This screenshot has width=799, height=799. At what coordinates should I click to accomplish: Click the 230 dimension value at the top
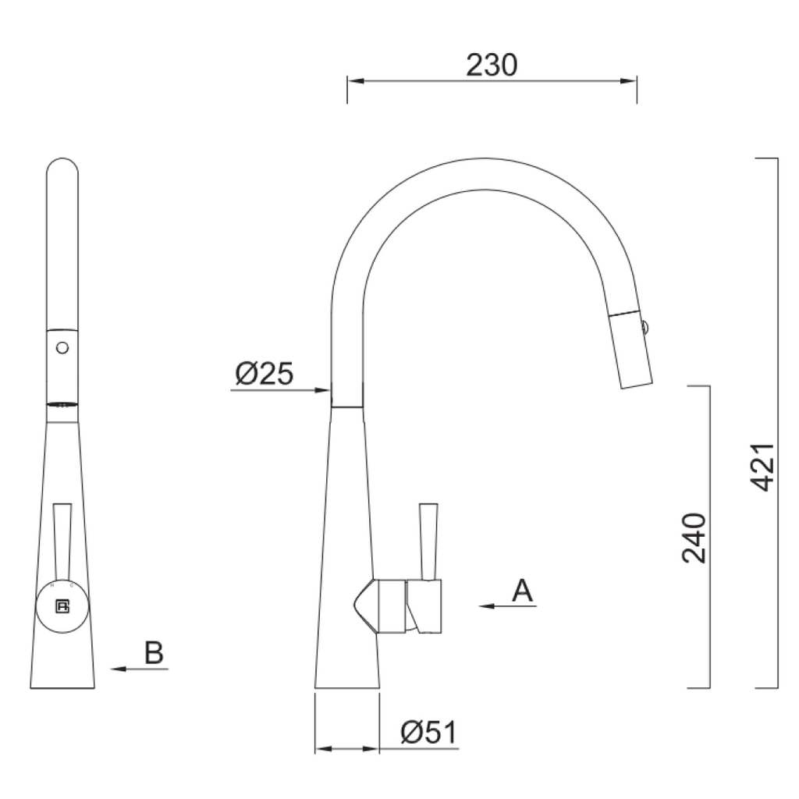(492, 66)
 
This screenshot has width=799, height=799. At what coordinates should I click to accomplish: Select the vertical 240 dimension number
(694, 538)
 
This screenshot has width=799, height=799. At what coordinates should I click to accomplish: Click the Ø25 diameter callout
(265, 375)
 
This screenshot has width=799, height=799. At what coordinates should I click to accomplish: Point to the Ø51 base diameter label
(428, 732)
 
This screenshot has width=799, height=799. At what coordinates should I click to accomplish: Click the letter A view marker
(523, 591)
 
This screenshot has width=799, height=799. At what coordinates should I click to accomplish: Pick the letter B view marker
(154, 653)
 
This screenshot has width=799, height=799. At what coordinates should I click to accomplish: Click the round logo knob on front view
(62, 607)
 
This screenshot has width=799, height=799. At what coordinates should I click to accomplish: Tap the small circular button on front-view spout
(62, 346)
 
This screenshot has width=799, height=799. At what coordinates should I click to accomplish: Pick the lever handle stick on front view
(62, 542)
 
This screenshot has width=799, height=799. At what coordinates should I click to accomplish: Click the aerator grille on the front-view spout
(62, 404)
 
